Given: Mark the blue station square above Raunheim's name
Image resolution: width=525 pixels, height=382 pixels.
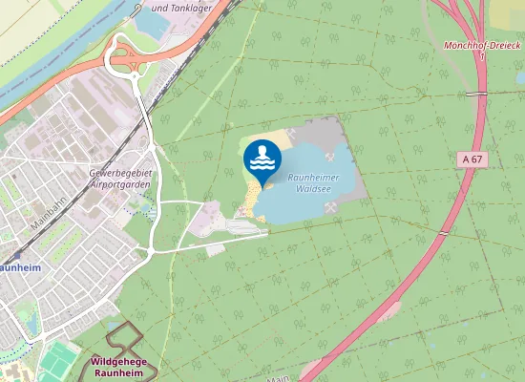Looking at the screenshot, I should pyautogui.click(x=17, y=256).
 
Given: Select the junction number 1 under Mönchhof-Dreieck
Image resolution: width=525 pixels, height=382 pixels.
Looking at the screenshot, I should pyautogui.click(x=484, y=56).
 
